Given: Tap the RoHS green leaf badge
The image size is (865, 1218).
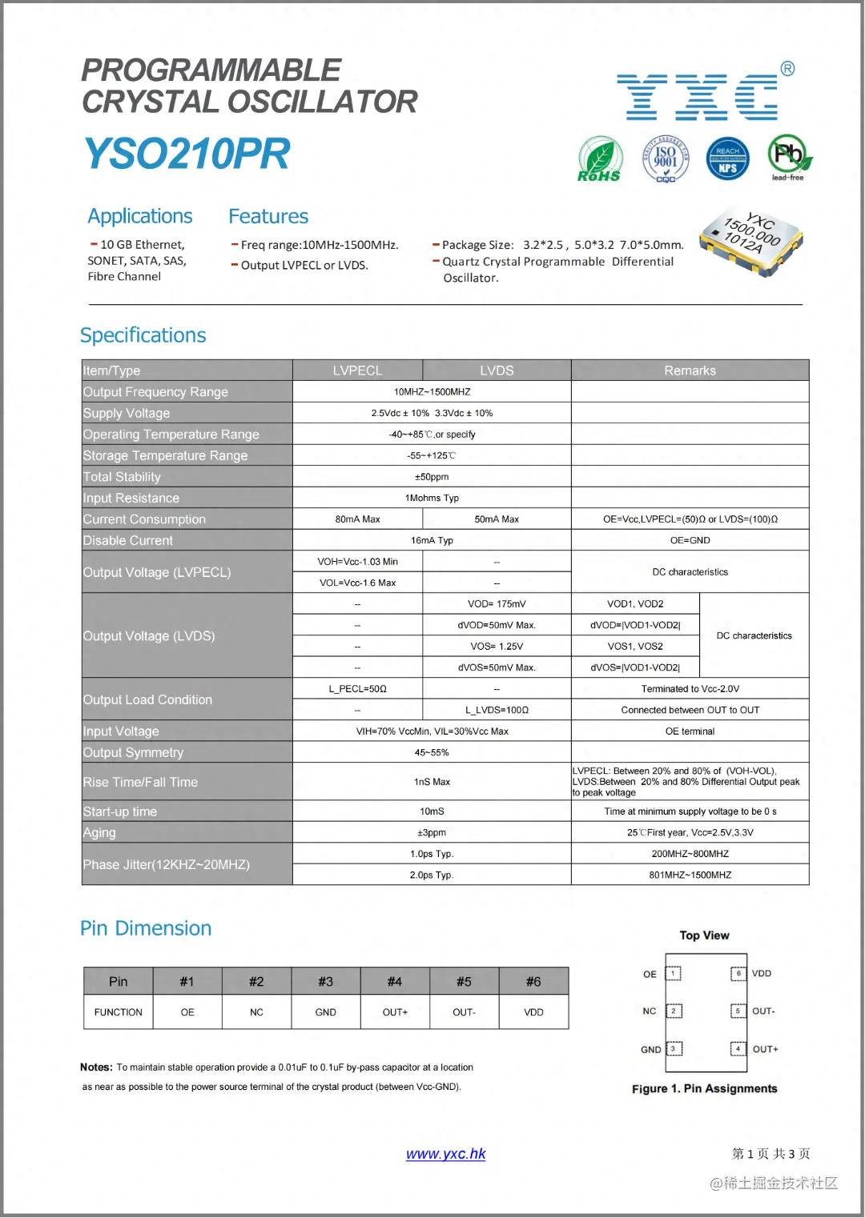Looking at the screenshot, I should [600, 158].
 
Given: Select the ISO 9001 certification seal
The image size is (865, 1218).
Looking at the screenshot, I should [666, 158].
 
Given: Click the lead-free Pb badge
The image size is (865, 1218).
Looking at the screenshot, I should [789, 157].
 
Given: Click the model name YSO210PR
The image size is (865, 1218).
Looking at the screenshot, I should [187, 154].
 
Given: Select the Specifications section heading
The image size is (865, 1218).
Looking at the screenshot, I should [143, 335].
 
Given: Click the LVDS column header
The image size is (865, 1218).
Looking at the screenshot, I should [497, 371].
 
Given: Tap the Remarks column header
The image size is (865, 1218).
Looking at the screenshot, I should [690, 371].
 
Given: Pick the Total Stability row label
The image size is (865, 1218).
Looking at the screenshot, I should [123, 477].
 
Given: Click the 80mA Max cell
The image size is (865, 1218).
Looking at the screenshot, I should [357, 519].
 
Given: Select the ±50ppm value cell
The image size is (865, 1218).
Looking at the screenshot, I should [432, 477].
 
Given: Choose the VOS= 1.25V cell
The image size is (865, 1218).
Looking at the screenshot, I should [497, 647].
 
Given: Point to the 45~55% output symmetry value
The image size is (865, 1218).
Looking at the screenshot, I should [432, 753].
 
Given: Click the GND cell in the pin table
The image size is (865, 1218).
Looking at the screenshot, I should [325, 1012].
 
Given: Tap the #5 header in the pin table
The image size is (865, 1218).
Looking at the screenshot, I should [464, 982].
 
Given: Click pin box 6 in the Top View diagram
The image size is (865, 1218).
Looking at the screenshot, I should [738, 973].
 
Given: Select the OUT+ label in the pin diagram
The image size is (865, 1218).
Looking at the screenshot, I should [765, 1049].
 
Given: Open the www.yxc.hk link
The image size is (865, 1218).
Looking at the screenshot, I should [445, 1154].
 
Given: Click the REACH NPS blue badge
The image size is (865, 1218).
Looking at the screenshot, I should [727, 158].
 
